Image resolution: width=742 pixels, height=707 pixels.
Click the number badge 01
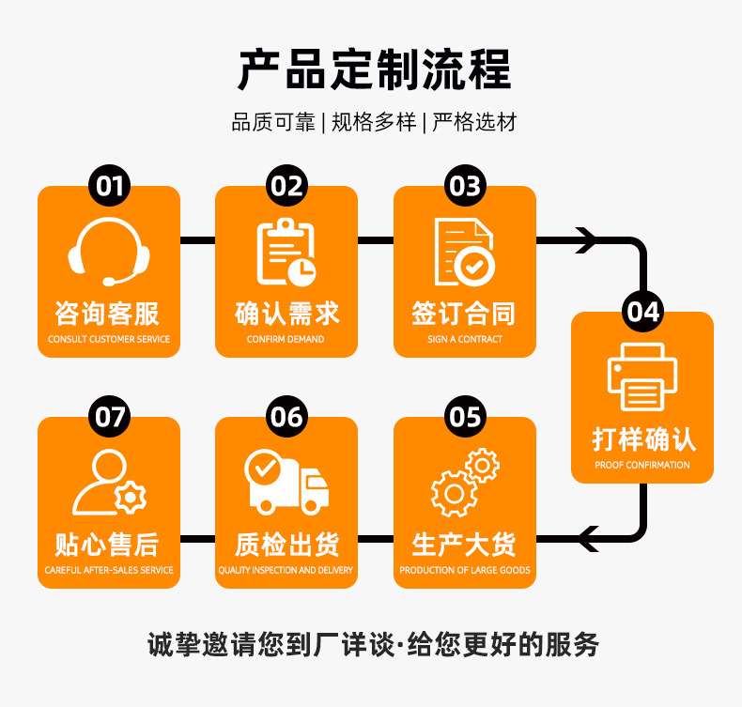coord(109,185)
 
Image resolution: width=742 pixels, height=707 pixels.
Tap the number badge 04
coord(643,311)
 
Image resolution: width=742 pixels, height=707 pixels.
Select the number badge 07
coord(109,416)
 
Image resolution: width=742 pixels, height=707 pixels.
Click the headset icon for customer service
coord(109,252)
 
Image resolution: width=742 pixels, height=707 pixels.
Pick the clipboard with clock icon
coord(286,252)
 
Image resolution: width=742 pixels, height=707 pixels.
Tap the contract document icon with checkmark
coord(464,252)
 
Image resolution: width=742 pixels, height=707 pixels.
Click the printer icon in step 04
coord(642,377)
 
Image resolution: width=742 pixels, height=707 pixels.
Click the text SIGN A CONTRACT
coord(464,339)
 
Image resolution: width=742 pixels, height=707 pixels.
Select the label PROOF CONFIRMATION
coord(642,465)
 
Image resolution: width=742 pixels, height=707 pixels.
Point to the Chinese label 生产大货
coord(464,544)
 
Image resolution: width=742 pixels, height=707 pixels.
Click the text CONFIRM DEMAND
coord(286,339)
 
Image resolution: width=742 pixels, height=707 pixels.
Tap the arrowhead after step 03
coord(586,240)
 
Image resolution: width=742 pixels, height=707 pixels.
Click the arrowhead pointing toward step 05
coord(588,539)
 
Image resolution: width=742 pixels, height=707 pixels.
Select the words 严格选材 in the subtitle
coord(474,122)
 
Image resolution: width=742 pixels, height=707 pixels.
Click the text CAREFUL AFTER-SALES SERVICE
coord(109,570)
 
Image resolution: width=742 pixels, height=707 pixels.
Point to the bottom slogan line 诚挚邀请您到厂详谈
coord(272,645)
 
